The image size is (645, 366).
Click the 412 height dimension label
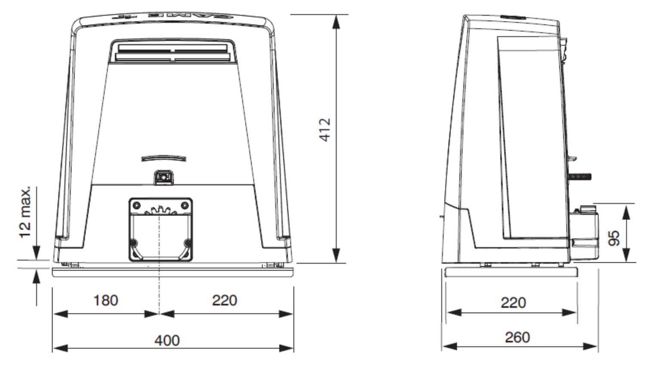pyautogui.click(x=326, y=129)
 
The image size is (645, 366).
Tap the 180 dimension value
pyautogui.click(x=106, y=300)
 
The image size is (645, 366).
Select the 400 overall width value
pyautogui.click(x=167, y=340)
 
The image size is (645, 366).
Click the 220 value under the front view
pyautogui.click(x=224, y=300)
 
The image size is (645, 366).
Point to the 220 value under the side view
pyautogui.click(x=513, y=302)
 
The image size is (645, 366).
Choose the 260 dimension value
pyautogui.click(x=517, y=337)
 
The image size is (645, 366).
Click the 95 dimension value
pyautogui.click(x=615, y=238)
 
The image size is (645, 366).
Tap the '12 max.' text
pyautogui.click(x=25, y=212)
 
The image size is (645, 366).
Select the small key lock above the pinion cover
pyautogui.click(x=163, y=177)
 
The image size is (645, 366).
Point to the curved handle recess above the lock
pyautogui.click(x=164, y=158)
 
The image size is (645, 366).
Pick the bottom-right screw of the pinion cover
pyautogui.click(x=187, y=243)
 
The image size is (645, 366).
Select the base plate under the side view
pyautogui.click(x=511, y=272)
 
